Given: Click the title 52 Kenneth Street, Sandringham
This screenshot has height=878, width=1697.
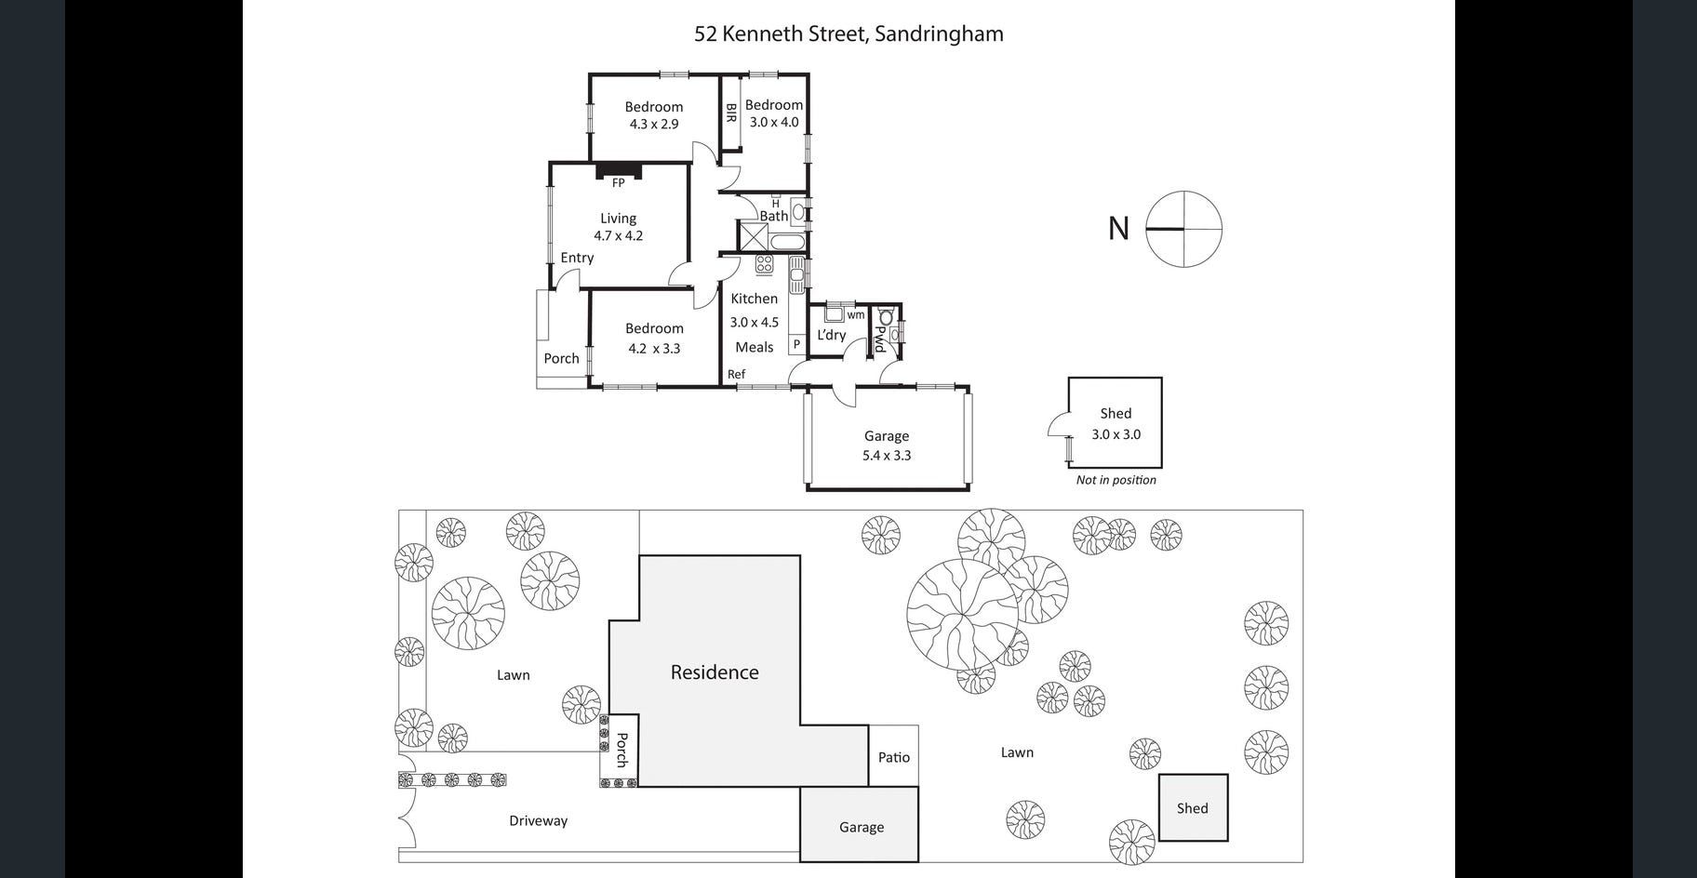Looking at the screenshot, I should (x=848, y=34).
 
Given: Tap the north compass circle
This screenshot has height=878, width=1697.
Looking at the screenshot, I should (x=1183, y=229).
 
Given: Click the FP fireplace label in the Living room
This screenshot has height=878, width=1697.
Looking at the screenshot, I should (x=618, y=183).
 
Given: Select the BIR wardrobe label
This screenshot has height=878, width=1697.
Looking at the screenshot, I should (x=731, y=113).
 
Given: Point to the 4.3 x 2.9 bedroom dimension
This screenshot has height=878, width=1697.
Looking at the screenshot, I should (x=654, y=124).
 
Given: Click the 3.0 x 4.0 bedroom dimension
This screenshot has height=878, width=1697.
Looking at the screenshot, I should (x=774, y=122).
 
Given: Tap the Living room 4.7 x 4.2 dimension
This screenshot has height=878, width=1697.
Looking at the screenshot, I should (x=619, y=235).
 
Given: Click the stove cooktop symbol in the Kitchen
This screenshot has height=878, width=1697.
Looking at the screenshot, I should (x=764, y=264).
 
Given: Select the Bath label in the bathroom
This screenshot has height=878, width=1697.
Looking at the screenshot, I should (x=773, y=216).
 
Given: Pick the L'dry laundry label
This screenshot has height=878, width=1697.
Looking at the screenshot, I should (x=831, y=335).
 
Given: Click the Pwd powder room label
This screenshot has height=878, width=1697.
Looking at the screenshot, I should (x=878, y=339).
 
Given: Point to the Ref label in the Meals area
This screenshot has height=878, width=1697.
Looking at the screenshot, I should (x=736, y=374).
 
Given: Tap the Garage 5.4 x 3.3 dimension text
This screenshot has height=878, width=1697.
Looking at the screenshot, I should (x=887, y=455).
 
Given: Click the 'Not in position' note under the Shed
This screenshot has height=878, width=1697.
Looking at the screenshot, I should (x=1116, y=480).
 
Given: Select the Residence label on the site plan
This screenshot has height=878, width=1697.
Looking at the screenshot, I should (x=715, y=672).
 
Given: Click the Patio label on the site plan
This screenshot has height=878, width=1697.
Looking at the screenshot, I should (x=894, y=757).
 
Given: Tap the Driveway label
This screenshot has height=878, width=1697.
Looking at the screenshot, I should (x=538, y=820).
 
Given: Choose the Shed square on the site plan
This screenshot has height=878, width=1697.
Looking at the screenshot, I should (x=1193, y=807).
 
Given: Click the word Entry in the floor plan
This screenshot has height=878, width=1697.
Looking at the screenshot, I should (x=577, y=258).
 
